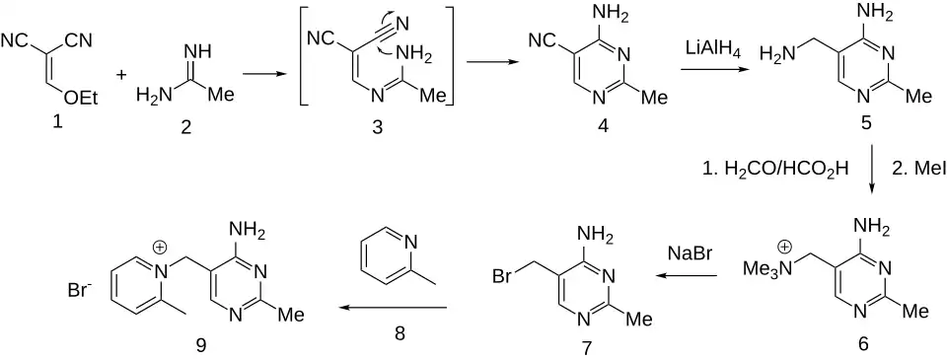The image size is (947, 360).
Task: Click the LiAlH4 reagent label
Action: pos(711,47)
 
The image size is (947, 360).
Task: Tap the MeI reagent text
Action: pos(915,170)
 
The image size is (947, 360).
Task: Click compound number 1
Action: pos(57,122)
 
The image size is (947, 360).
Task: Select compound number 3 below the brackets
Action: pos(378,127)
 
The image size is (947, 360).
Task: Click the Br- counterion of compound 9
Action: pos(80,291)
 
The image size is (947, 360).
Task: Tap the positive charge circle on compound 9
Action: pos(160,247)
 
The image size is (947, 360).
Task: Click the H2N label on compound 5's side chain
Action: pos(776,56)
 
